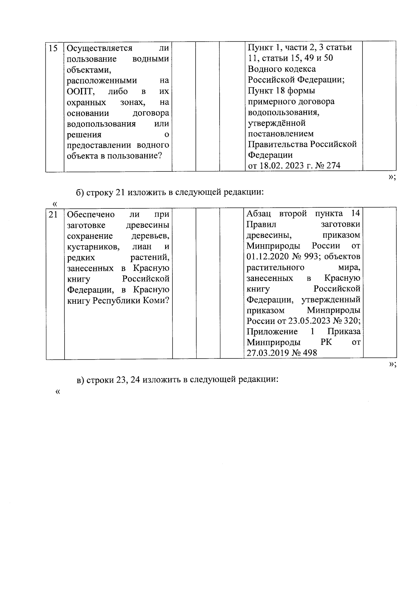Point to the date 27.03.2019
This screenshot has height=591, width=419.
point(268,353)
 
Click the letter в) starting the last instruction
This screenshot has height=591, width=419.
point(80,380)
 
